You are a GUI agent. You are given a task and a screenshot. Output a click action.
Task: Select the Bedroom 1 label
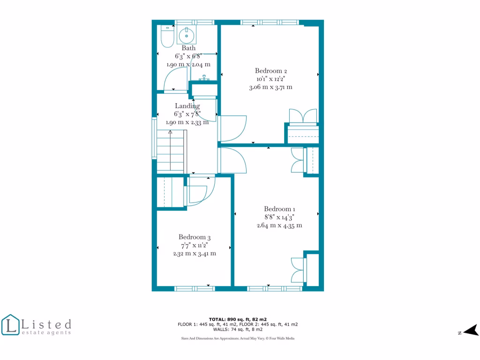click(x=279, y=209)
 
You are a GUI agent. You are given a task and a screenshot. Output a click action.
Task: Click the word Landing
click(x=187, y=106)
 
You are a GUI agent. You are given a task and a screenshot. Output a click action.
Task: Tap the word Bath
click(x=188, y=48)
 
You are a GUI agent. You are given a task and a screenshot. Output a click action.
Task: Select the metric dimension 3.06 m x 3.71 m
click(x=271, y=87)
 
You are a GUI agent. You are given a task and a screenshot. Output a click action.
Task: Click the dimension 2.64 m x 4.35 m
click(x=279, y=225)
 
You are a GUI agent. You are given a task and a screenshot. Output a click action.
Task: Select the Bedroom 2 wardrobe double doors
click(x=298, y=116)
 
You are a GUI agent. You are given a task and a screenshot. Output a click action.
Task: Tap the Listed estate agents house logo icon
click(x=10, y=325)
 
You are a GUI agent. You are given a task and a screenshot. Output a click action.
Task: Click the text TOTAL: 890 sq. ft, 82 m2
click(x=238, y=319)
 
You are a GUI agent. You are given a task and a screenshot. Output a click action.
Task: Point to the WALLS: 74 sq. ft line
click(x=238, y=330)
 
